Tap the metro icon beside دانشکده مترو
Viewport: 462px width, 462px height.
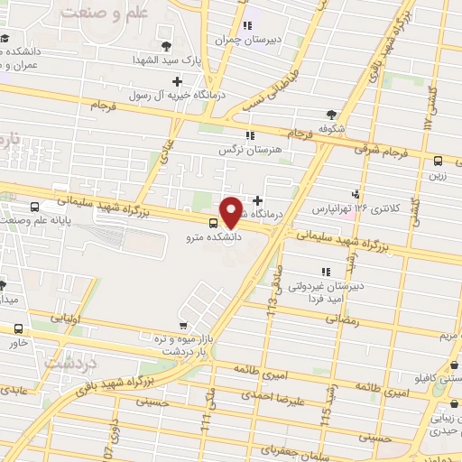click(x=213, y=223)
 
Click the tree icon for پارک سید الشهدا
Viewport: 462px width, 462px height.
click(x=164, y=45)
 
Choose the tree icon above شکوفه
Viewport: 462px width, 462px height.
click(x=331, y=115)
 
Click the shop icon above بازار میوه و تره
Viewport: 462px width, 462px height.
click(x=184, y=325)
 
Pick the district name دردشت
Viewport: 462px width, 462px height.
click(x=60, y=362)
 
